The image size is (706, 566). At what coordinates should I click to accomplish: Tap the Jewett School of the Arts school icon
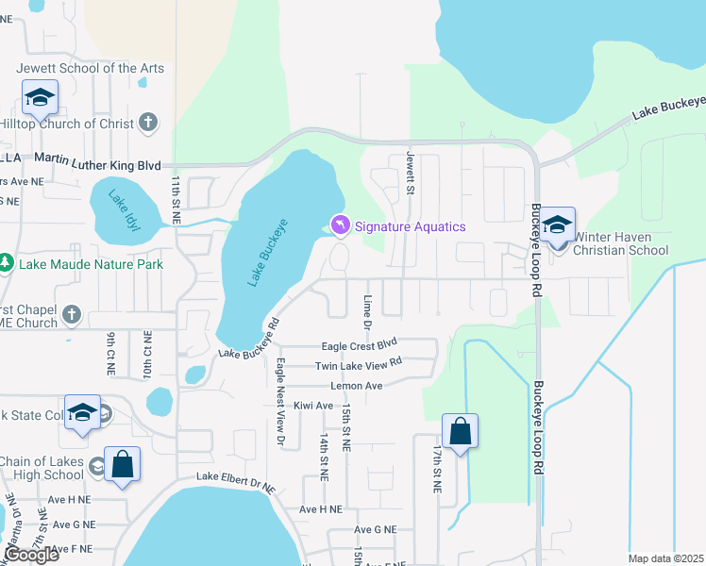click(x=41, y=96)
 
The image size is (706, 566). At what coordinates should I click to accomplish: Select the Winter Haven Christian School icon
click(x=558, y=225)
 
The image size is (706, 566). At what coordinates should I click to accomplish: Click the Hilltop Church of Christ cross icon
click(x=147, y=123)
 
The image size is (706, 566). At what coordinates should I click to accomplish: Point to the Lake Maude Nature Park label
click(x=91, y=263)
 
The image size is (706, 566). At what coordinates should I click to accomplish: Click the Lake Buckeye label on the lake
click(x=267, y=253)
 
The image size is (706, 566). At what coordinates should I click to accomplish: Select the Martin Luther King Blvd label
click(x=111, y=163)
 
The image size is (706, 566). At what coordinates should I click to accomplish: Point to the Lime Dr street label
click(x=367, y=311)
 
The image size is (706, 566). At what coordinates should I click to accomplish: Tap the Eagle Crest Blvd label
click(x=360, y=346)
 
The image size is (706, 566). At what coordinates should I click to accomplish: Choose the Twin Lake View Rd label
click(x=359, y=362)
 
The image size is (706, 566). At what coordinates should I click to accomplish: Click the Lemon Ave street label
click(x=356, y=386)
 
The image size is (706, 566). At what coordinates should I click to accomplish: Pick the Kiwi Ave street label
click(x=312, y=406)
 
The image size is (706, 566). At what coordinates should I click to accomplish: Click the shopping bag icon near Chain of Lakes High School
click(x=122, y=465)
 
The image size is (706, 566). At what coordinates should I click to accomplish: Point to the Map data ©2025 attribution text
click(x=665, y=558)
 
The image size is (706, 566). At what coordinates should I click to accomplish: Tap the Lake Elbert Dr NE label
click(x=235, y=482)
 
